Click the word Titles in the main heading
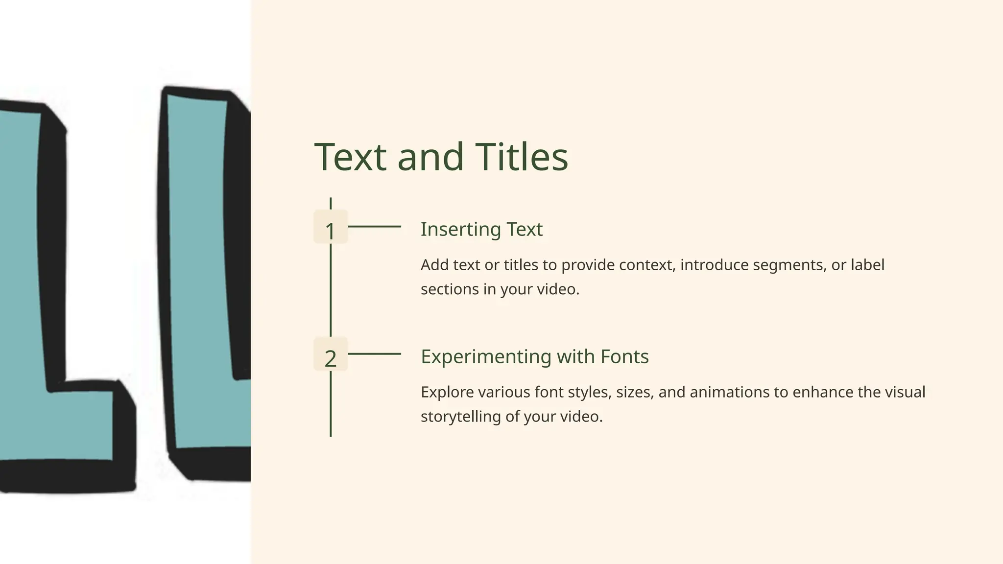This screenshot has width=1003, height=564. (x=522, y=157)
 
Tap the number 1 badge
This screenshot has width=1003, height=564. (x=331, y=227)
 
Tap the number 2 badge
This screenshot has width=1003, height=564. (x=331, y=354)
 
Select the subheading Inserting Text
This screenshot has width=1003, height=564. (x=481, y=230)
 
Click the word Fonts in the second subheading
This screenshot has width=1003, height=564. (x=624, y=357)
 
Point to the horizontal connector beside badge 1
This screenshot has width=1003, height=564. (x=374, y=227)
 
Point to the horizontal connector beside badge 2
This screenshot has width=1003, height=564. (x=374, y=354)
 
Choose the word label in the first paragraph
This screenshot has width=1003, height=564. (x=867, y=265)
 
